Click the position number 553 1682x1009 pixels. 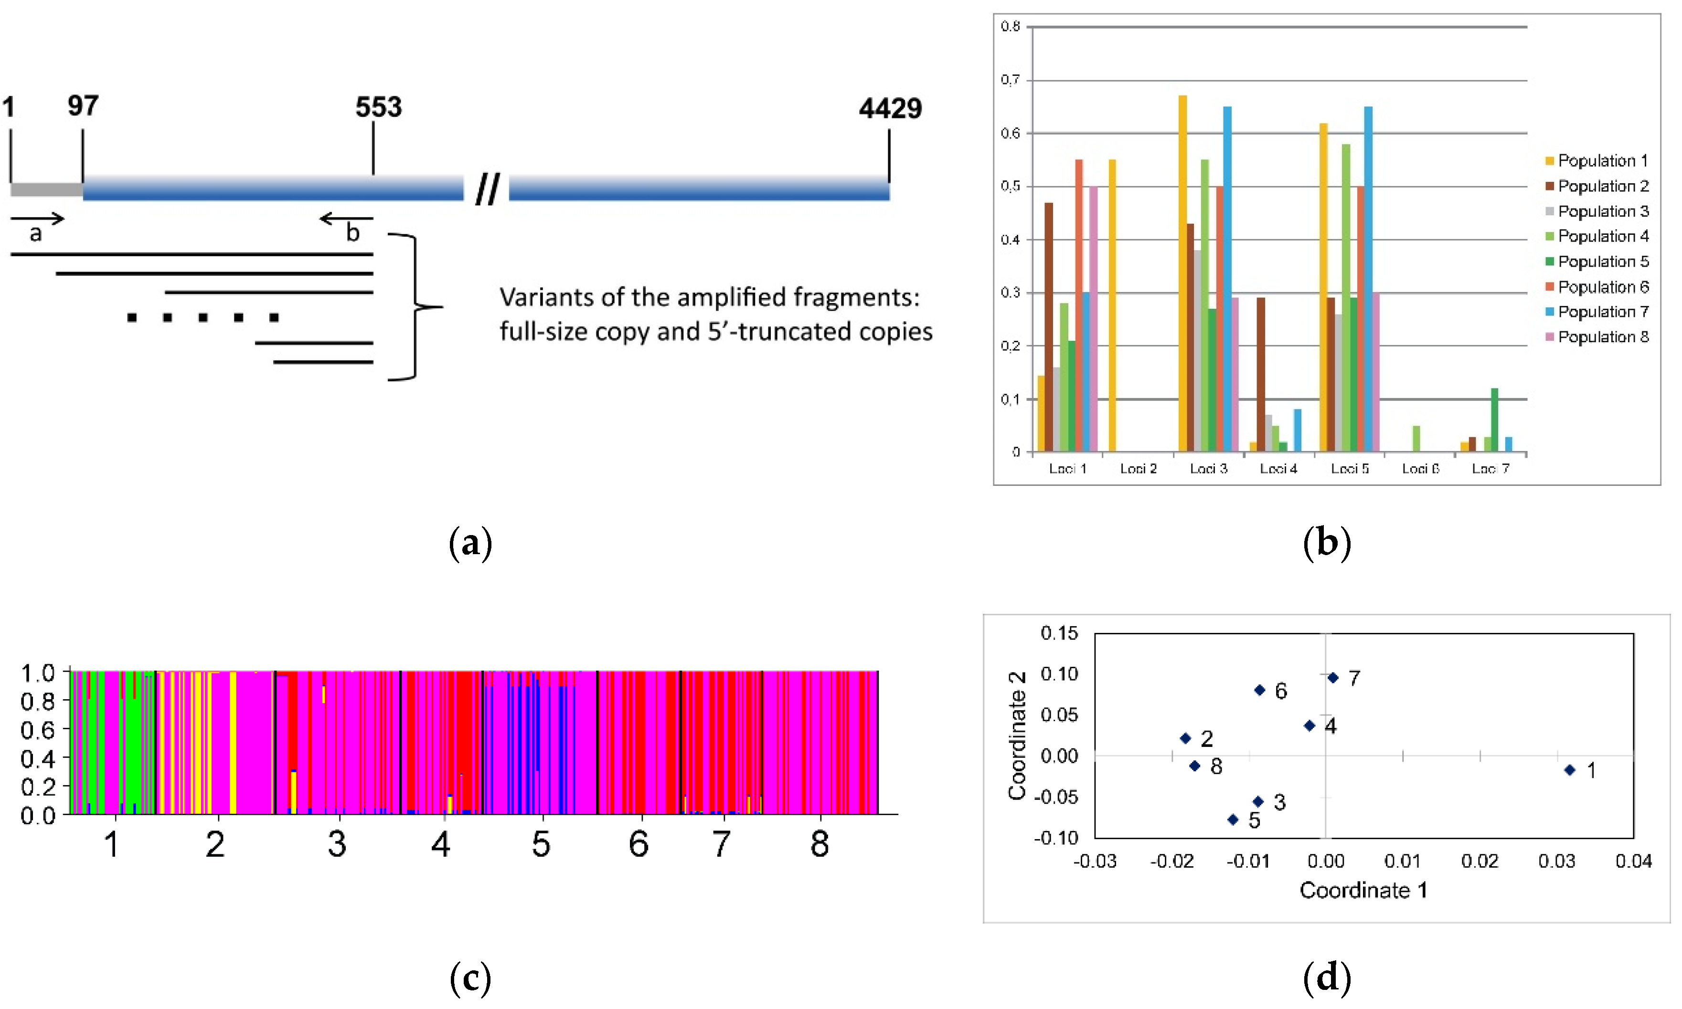378,107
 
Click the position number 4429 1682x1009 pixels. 890,109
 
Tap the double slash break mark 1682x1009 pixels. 487,189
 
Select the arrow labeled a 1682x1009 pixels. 37,219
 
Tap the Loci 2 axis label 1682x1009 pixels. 1138,469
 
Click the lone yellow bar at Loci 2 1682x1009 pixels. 1112,306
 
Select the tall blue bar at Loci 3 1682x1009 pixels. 1227,279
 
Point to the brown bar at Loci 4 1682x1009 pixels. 1261,374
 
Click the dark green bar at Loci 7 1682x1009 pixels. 1494,420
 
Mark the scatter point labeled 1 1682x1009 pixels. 1570,770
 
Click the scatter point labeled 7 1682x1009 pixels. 1333,677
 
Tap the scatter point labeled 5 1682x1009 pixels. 1233,820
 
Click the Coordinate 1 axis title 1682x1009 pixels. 1363,890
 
